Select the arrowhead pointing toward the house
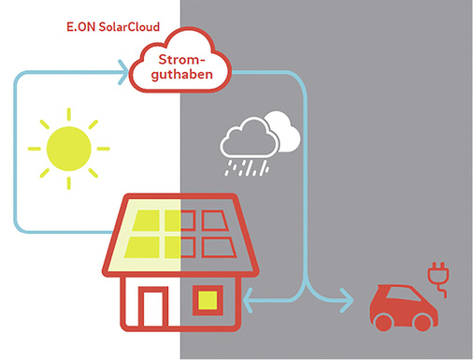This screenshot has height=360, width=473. click(x=248, y=300)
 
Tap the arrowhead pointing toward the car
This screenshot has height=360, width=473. click(x=349, y=300)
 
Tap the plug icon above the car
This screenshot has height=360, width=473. click(x=435, y=275)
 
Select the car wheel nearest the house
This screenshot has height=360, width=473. click(x=383, y=322)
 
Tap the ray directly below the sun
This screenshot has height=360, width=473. click(x=68, y=189)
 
